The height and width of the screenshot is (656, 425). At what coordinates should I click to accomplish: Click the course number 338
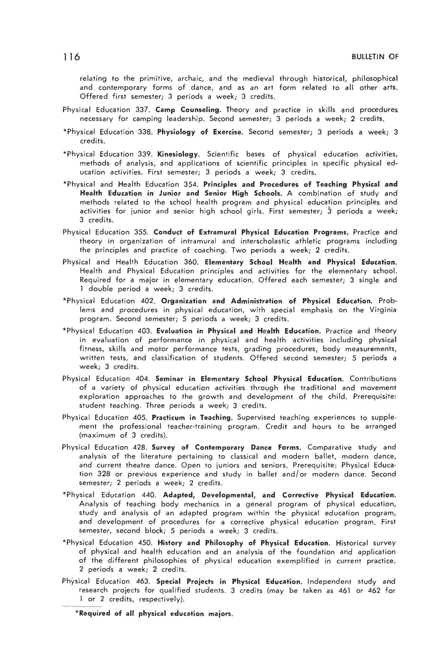click(144, 132)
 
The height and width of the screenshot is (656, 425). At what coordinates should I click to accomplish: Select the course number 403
click(143, 331)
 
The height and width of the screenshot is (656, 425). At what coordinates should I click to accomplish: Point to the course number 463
click(143, 582)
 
